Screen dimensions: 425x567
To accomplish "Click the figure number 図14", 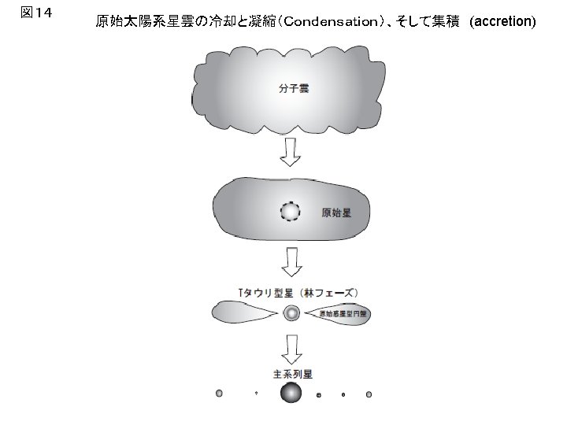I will [38, 13].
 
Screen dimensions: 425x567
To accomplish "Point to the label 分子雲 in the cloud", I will [294, 88].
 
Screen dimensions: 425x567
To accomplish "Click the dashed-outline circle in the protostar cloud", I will [291, 212].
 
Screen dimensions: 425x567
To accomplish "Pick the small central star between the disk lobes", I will [291, 313].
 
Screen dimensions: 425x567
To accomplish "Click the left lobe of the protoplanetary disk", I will [244, 313].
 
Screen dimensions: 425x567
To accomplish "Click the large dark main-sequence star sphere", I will [291, 393].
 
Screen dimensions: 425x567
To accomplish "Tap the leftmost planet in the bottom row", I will [219, 393].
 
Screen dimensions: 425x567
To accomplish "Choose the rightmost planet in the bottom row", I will [369, 394].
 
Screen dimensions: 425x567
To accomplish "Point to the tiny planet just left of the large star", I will [256, 394].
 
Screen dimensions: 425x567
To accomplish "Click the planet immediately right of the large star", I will [319, 394].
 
